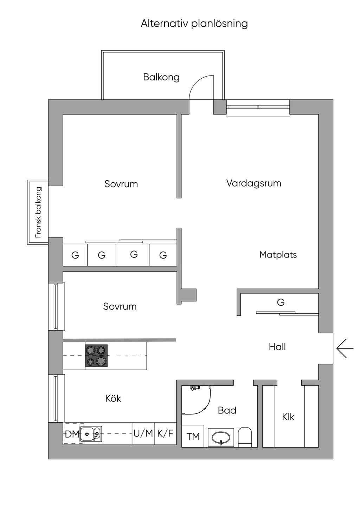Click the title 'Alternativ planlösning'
(x=194, y=24)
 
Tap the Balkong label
(x=161, y=77)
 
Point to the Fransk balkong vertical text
(x=38, y=212)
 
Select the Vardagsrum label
(x=254, y=183)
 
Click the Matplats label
(x=278, y=254)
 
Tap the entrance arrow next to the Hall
(x=345, y=348)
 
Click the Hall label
(x=277, y=347)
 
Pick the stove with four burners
(x=96, y=355)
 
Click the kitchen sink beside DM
(x=90, y=434)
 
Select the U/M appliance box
(x=143, y=433)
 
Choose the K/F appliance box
(x=165, y=433)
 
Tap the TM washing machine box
(x=193, y=436)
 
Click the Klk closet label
(x=288, y=417)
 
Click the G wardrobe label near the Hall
(x=281, y=302)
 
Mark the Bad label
(x=227, y=410)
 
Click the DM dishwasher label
(x=72, y=434)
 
